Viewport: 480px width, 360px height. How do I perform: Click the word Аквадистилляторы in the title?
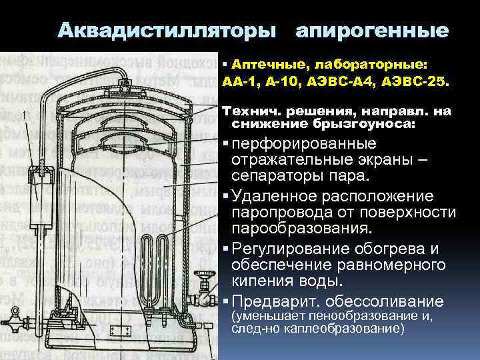pos(166,31)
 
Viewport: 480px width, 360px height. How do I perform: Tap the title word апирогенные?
pos(371,31)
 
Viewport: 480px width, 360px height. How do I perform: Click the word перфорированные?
pos(304,144)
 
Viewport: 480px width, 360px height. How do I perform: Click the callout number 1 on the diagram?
pos(25,115)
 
